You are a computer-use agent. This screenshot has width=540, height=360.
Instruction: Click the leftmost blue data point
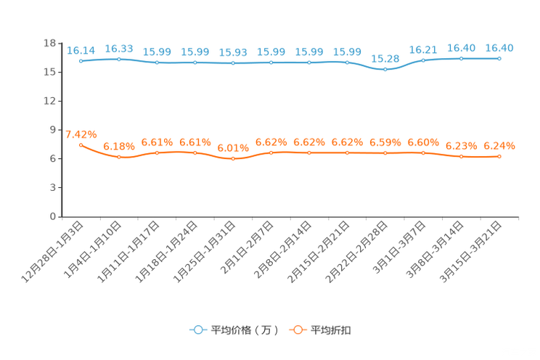coord(81,62)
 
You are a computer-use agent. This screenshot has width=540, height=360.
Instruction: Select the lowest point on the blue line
coord(385,70)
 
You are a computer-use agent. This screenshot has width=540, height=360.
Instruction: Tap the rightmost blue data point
coord(499,58)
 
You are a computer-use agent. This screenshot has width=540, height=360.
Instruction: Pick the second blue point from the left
coord(119,59)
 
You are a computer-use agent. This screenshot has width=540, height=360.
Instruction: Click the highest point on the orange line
coord(81,145)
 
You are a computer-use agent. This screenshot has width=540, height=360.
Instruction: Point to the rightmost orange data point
coord(499,157)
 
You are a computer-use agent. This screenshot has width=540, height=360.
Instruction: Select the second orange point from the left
coord(119,157)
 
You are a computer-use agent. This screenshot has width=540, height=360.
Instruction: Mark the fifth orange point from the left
coord(233,159)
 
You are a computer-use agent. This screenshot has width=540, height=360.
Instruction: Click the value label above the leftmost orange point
coord(81,134)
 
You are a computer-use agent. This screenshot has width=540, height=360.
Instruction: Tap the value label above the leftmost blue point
coord(81,50)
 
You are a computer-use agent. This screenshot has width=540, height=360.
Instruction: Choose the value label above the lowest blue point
coord(385,58)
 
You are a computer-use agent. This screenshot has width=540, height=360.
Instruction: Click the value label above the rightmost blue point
coord(499,47)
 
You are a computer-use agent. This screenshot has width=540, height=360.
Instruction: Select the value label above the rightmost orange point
coord(499,146)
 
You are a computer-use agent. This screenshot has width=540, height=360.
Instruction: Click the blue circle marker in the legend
coord(197,330)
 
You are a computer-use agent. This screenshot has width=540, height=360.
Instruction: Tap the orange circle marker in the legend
coord(297,330)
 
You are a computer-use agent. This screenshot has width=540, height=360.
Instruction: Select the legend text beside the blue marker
coord(244,330)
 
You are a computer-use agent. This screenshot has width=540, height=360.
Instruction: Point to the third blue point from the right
coord(423,61)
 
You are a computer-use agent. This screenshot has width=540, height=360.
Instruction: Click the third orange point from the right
coord(423,153)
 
